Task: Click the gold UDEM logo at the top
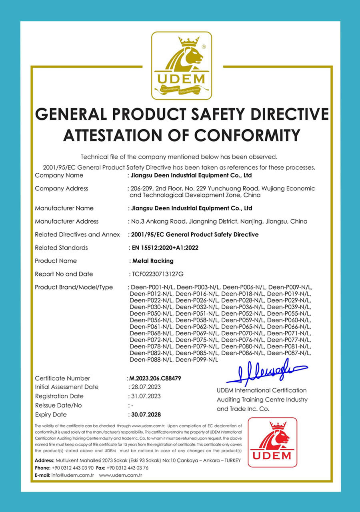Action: tap(181, 66)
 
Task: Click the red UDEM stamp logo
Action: tap(272, 442)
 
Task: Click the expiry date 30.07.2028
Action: tap(145, 415)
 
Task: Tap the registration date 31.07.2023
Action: tap(144, 396)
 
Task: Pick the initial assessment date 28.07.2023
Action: tap(144, 387)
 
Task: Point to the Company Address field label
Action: tap(62, 188)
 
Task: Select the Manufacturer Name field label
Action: tap(64, 208)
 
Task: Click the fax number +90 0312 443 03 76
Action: tap(128, 468)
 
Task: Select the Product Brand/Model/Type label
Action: tap(74, 288)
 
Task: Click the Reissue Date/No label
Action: tap(58, 406)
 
